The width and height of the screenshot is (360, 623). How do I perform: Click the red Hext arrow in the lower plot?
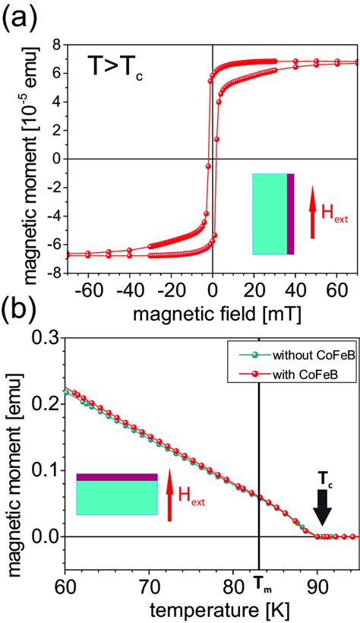(169, 495)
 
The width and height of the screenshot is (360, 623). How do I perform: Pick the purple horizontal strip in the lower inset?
(117, 476)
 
